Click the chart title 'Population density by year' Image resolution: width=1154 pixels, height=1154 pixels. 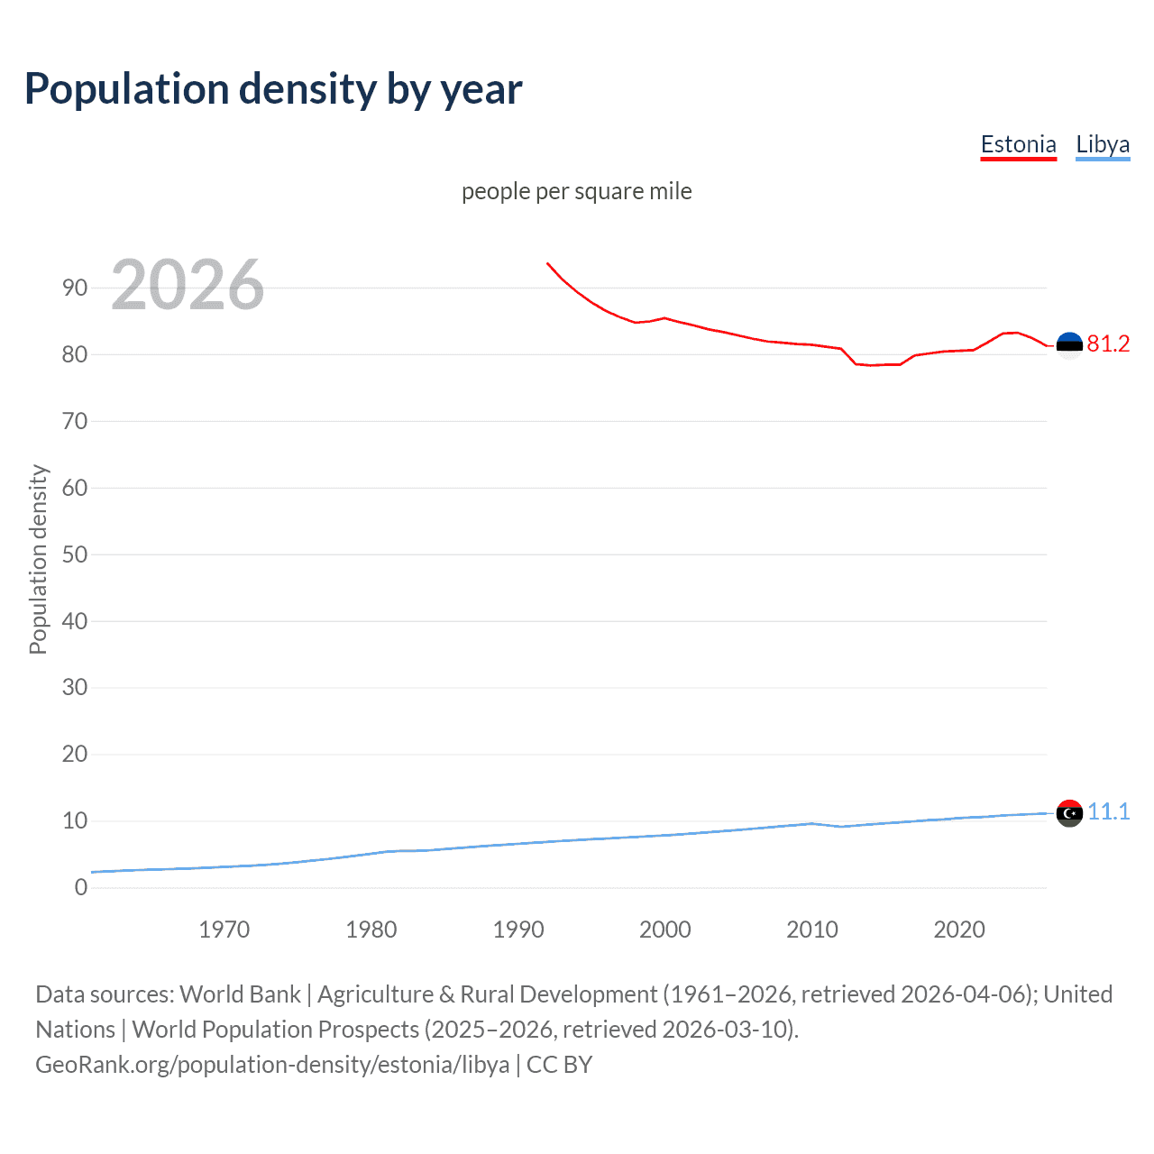click(273, 89)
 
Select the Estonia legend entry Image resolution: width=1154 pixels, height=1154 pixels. click(1018, 145)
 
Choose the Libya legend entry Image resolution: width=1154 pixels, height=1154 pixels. click(1103, 145)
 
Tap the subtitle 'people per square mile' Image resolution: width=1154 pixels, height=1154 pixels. click(576, 192)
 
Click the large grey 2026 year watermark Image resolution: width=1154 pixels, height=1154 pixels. click(188, 285)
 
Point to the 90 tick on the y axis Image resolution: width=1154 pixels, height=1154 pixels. click(75, 288)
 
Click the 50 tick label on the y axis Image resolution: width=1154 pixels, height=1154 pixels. click(75, 554)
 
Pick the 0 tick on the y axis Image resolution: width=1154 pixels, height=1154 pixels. click(81, 887)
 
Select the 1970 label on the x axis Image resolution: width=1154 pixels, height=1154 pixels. click(224, 930)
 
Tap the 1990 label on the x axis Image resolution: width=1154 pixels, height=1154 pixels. click(518, 930)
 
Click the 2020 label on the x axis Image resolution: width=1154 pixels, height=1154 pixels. click(959, 930)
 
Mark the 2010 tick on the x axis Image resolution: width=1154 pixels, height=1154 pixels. click(812, 930)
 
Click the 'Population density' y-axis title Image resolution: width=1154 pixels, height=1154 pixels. click(38, 559)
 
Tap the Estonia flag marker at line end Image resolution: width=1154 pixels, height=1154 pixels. click(1069, 345)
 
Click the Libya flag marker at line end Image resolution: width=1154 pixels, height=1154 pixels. click(1069, 813)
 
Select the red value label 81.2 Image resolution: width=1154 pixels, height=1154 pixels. click(1108, 344)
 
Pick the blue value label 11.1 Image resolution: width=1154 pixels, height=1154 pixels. click(1108, 812)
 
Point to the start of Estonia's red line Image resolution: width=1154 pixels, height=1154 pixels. click(547, 263)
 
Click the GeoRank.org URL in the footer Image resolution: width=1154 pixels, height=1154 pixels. click(272, 1065)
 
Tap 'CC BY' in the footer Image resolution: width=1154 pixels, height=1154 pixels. click(559, 1065)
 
